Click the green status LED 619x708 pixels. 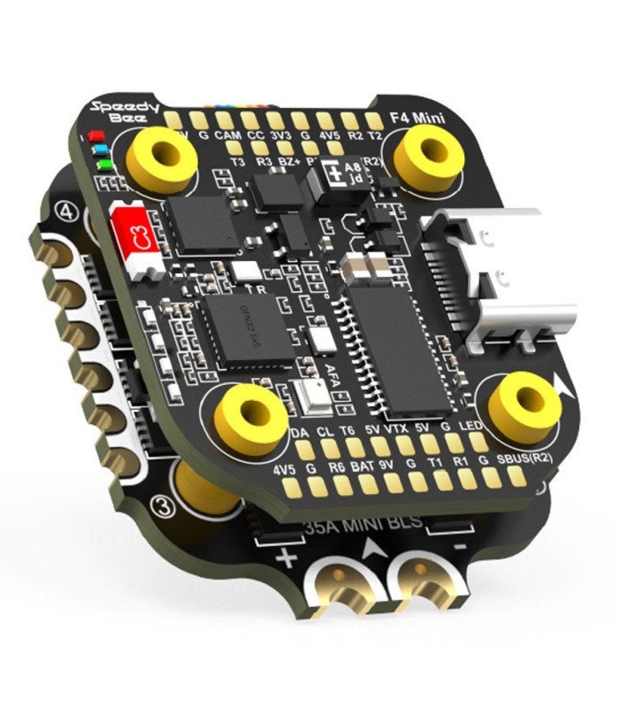pyautogui.click(x=105, y=163)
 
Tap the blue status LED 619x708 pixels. pyautogui.click(x=100, y=150)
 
